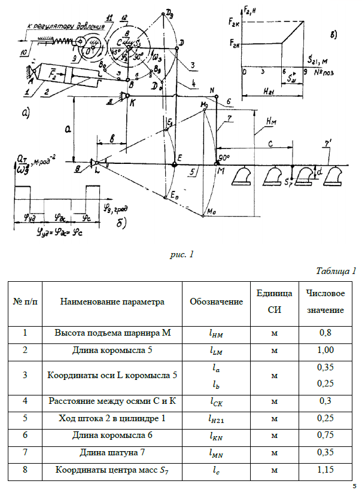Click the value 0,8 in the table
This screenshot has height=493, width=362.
pyautogui.click(x=325, y=333)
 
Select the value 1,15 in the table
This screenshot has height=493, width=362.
pyautogui.click(x=326, y=470)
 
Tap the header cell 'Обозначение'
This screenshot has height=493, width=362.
pyautogui.click(x=216, y=302)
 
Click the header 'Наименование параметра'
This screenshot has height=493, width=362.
pyautogui.click(x=112, y=302)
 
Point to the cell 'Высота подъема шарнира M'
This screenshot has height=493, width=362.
pyautogui.click(x=112, y=333)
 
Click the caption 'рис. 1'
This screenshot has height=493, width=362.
pyautogui.click(x=182, y=255)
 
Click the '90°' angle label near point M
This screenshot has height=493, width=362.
pyautogui.click(x=225, y=157)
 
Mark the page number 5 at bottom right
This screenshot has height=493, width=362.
pyautogui.click(x=354, y=486)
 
